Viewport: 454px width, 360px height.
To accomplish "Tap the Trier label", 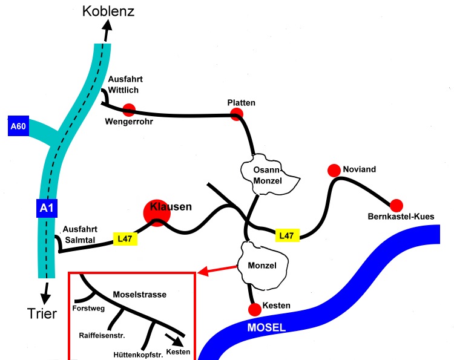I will pyautogui.click(x=41, y=313).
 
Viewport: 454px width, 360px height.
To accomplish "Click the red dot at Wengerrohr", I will pyautogui.click(x=128, y=110).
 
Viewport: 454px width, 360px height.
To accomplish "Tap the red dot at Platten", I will pyautogui.click(x=237, y=114).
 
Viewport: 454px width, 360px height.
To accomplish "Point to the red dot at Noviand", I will pyautogui.click(x=333, y=170).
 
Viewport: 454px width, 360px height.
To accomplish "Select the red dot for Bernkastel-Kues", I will pyautogui.click(x=396, y=205).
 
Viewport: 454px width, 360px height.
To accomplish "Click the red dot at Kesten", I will pyautogui.click(x=255, y=310).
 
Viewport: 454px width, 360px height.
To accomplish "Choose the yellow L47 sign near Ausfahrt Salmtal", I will pyautogui.click(x=125, y=239).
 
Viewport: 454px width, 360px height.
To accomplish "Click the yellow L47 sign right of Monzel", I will pyautogui.click(x=288, y=235).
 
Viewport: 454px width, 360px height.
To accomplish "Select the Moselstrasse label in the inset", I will pyautogui.click(x=139, y=295).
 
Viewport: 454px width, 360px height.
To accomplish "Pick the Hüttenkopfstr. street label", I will pyautogui.click(x=138, y=354).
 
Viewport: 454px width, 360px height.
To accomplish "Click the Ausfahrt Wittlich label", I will pyautogui.click(x=123, y=85).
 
